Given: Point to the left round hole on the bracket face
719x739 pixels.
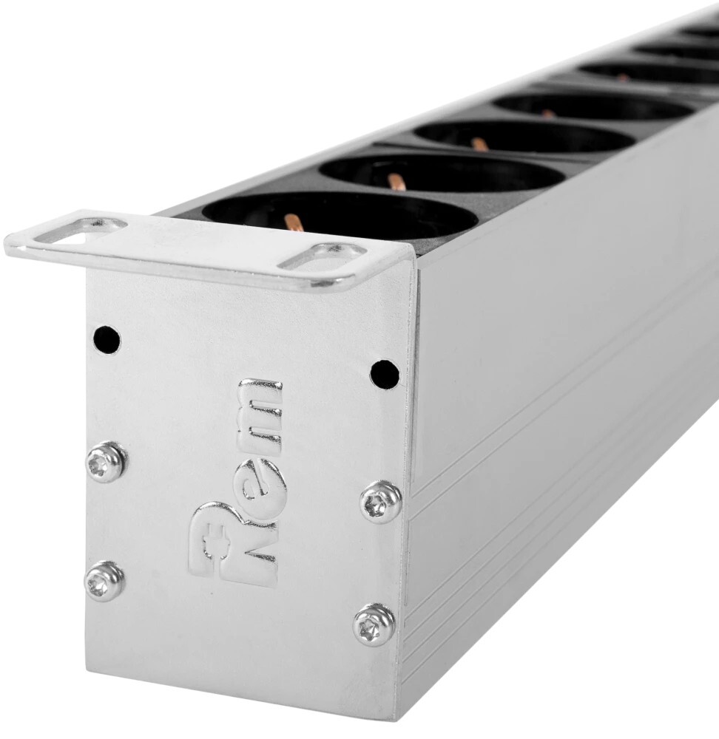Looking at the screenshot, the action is (x=107, y=338).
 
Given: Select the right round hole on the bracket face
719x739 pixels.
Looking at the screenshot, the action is (x=385, y=372).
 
